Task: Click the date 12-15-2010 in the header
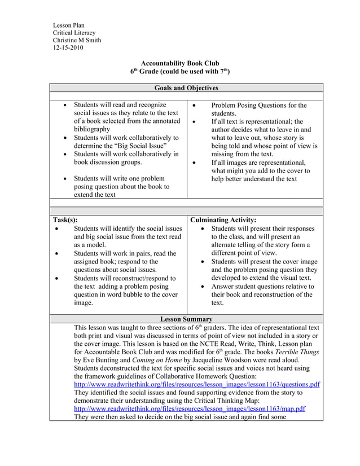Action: [x=68, y=49]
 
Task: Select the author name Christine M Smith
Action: [x=77, y=41]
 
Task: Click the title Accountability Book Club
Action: [x=179, y=64]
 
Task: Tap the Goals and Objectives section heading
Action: [x=186, y=88]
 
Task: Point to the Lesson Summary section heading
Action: [x=186, y=319]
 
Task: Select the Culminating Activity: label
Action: [x=223, y=220]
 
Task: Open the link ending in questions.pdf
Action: [x=197, y=385]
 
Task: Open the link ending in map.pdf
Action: [x=190, y=409]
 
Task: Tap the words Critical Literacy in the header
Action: [x=74, y=33]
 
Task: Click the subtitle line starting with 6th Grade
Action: [x=179, y=72]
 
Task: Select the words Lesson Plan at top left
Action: [x=68, y=25]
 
